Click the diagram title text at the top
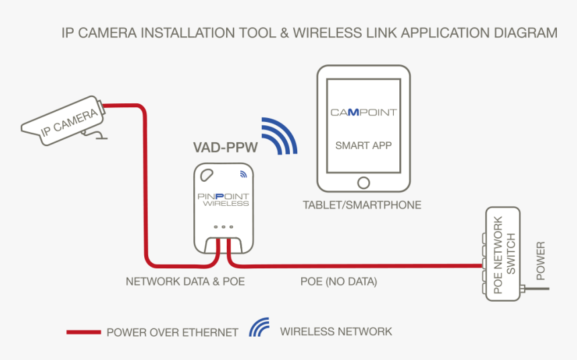pos(309,32)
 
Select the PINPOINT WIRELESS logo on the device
pos(223,198)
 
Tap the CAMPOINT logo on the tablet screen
pos(363,112)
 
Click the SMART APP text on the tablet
pos(363,145)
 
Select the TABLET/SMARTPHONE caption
pos(362,205)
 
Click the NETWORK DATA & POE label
pos(185,282)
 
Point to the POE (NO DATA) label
pos(338,282)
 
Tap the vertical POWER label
pos(541,261)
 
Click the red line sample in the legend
pos(83,332)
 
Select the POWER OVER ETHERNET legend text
pos(172,332)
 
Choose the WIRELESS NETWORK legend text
pos(335,331)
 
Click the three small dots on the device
pos(223,227)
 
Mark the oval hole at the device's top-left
pos(205,176)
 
